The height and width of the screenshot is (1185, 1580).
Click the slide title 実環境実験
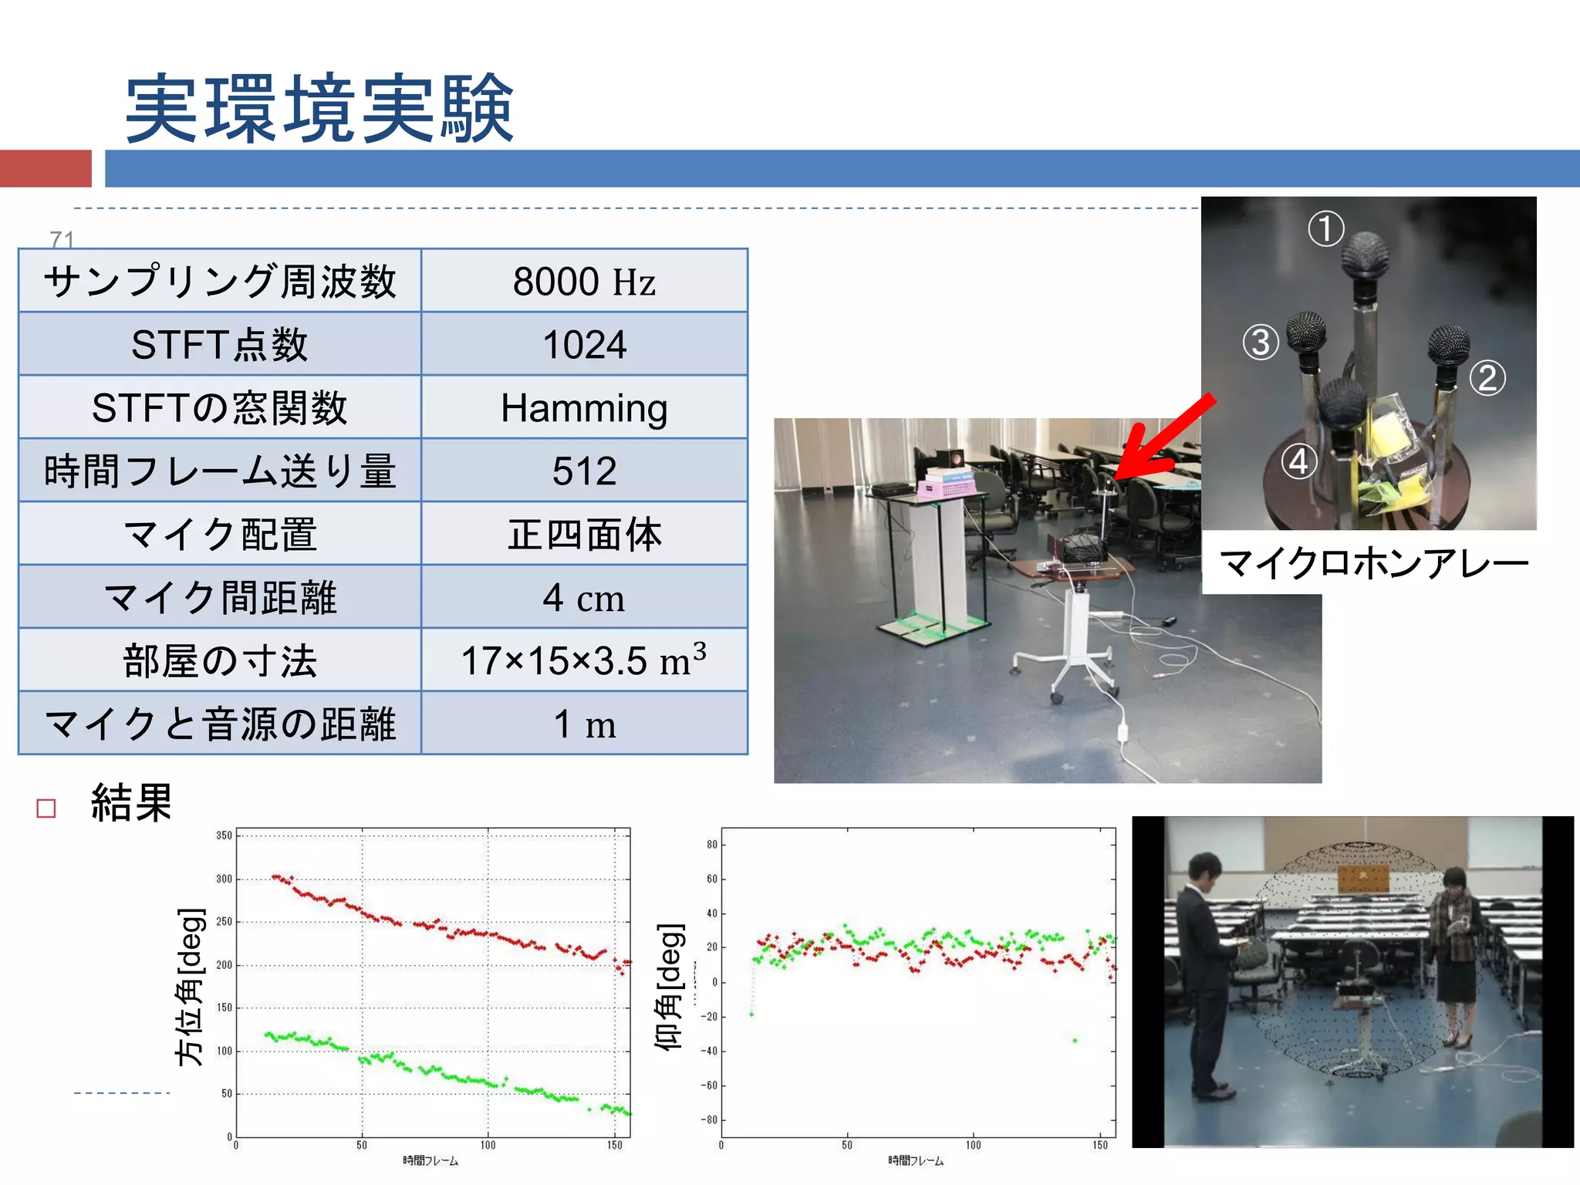tap(319, 109)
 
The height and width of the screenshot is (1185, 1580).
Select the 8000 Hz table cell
tap(584, 282)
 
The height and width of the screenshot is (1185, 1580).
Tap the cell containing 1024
tap(584, 345)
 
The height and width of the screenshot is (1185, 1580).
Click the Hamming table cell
tap(584, 408)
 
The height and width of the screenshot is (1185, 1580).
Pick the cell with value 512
tap(584, 471)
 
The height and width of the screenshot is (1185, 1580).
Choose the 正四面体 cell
tap(584, 535)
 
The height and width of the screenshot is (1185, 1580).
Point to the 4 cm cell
tap(584, 598)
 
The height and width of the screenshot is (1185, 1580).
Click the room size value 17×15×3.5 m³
tap(584, 660)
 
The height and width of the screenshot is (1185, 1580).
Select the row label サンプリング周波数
tap(220, 282)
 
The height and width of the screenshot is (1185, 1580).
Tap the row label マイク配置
tap(220, 535)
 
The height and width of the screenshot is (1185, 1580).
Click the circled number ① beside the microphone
tap(1325, 229)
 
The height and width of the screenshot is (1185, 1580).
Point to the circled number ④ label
tap(1299, 461)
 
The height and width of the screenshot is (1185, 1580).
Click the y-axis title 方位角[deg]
tap(190, 987)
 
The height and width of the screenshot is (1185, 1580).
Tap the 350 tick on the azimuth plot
tap(224, 836)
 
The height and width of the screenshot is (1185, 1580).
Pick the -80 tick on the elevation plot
tap(710, 1120)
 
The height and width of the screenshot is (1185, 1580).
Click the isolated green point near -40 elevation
tap(1075, 1041)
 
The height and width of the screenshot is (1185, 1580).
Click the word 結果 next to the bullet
tap(131, 803)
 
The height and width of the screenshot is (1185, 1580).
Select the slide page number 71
tap(62, 240)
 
